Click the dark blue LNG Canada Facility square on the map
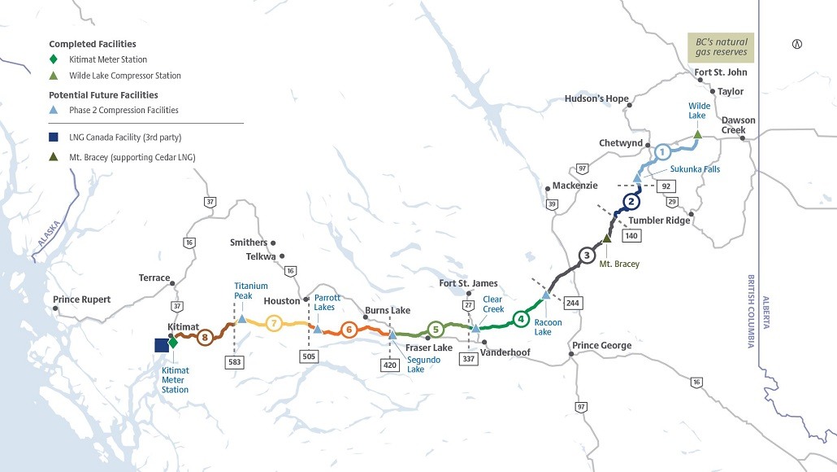coord(162,345)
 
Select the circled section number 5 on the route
coord(436,329)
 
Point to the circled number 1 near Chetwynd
coord(662,151)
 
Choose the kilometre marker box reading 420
coord(391,365)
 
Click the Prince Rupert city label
coord(81,299)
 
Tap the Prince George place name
coord(601,346)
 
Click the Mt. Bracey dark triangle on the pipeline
coord(606,238)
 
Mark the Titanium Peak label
coord(250,291)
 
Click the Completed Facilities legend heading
coord(93,43)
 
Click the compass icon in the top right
coord(796,44)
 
